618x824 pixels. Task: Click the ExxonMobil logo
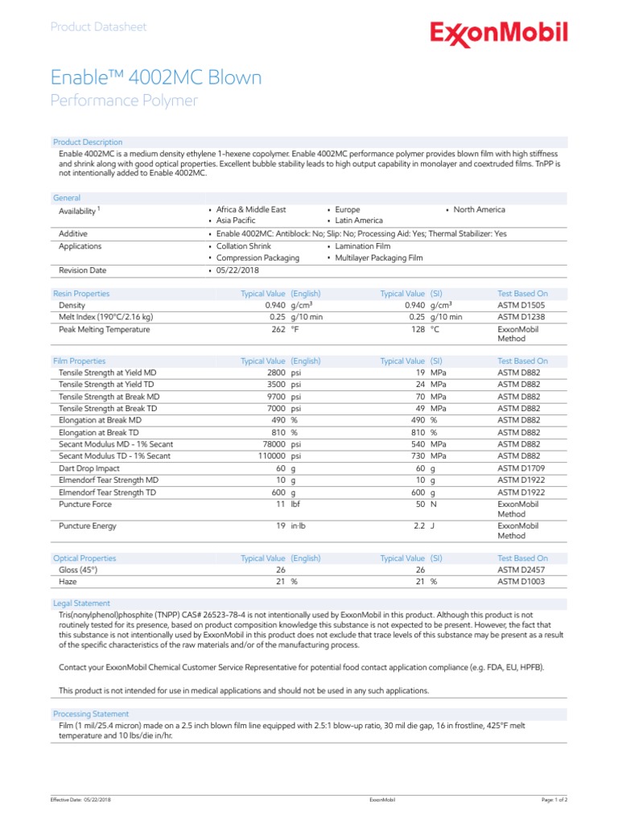pos(499,34)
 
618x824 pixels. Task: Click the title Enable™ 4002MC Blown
pos(156,78)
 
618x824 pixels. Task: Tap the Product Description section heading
pos(88,142)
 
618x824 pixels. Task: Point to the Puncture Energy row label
pos(88,526)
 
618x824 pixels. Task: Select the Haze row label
pos(69,581)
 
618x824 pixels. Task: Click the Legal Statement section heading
pos(81,604)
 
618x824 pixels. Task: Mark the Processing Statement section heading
pos(91,714)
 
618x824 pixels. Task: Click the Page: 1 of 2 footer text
pos(554,800)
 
